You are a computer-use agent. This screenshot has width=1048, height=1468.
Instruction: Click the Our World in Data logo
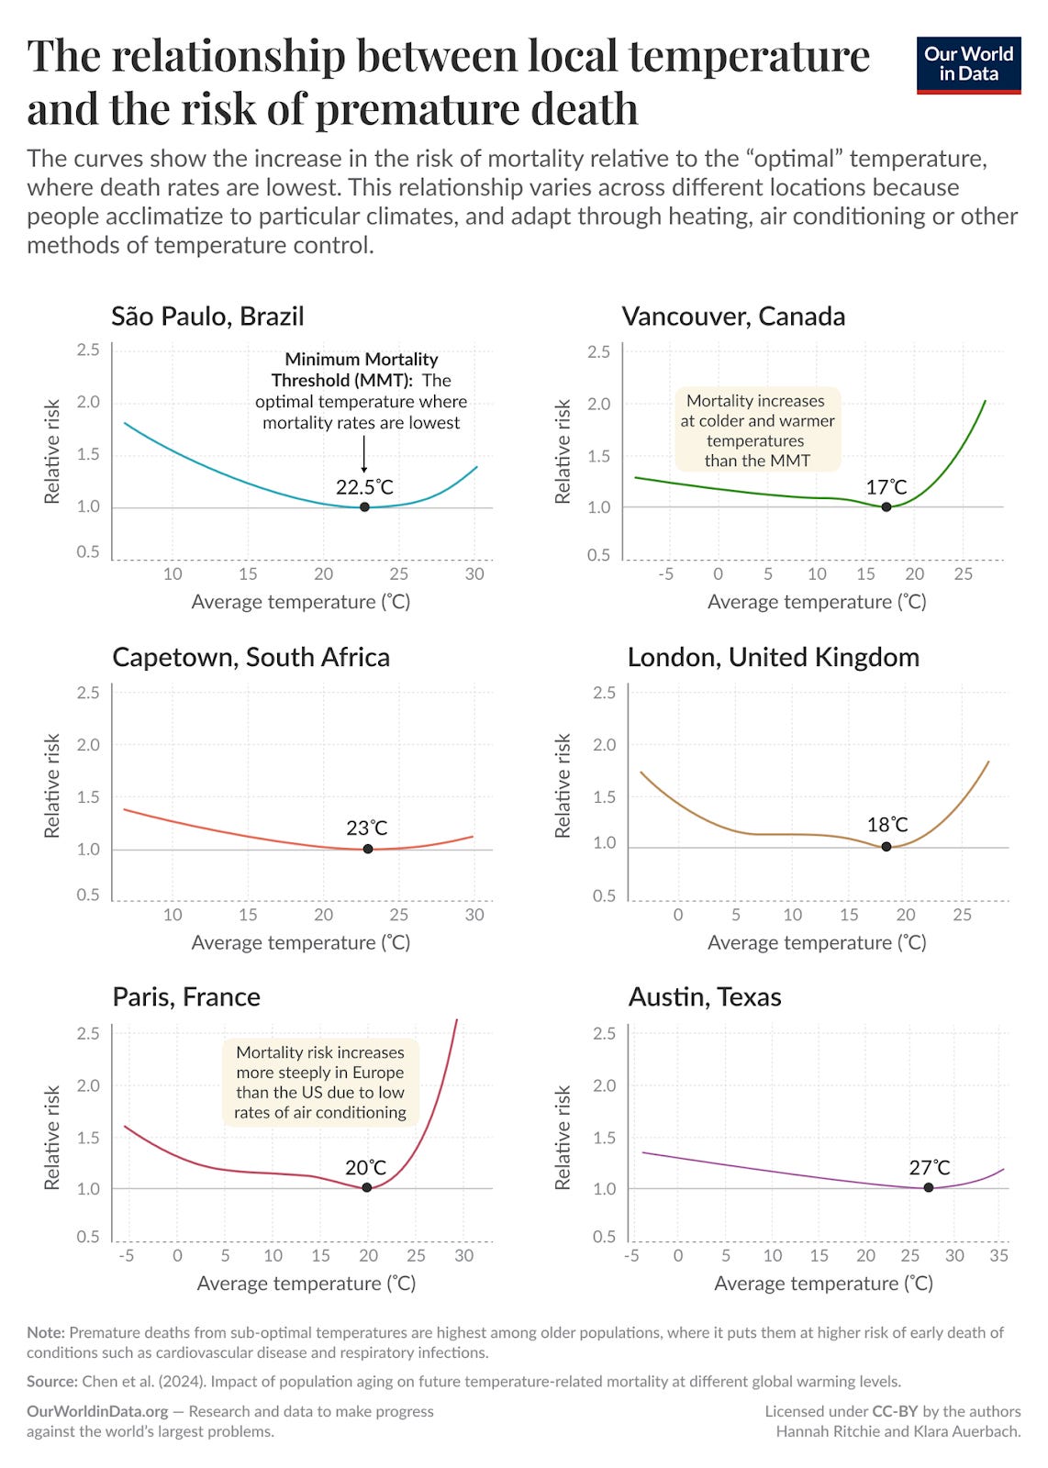tap(968, 64)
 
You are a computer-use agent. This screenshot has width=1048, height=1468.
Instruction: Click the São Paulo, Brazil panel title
tap(207, 317)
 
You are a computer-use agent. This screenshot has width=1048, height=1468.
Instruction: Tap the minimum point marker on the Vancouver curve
tap(886, 506)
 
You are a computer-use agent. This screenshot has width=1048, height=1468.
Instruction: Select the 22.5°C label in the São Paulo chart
tap(364, 487)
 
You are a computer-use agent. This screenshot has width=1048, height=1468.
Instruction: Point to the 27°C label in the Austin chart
tap(930, 1168)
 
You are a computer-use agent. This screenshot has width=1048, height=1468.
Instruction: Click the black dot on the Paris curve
tap(367, 1187)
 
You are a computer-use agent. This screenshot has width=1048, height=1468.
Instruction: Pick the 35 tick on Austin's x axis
tap(998, 1255)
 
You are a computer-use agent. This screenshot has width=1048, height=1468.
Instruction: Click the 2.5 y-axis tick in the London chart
tap(604, 693)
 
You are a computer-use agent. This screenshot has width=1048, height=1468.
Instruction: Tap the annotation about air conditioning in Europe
tap(320, 1083)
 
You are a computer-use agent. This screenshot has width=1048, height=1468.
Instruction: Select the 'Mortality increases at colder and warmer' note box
tap(757, 430)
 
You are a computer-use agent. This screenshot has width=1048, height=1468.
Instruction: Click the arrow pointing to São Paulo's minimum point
tap(364, 455)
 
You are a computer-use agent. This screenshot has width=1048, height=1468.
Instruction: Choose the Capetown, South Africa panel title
tap(251, 658)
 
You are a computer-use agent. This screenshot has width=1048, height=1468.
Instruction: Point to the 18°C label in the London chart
tap(887, 825)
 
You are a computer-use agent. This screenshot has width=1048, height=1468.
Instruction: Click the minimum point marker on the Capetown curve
tap(368, 849)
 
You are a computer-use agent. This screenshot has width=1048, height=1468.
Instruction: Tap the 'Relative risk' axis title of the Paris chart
tap(52, 1138)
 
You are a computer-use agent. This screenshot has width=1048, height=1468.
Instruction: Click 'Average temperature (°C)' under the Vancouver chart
tap(817, 602)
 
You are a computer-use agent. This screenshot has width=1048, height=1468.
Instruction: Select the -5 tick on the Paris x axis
tap(126, 1255)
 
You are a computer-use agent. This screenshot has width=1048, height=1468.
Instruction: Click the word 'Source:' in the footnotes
tap(52, 1382)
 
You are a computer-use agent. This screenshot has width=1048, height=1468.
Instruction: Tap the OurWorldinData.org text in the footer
tap(97, 1411)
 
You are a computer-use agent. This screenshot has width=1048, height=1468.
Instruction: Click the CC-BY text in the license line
tap(895, 1411)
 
